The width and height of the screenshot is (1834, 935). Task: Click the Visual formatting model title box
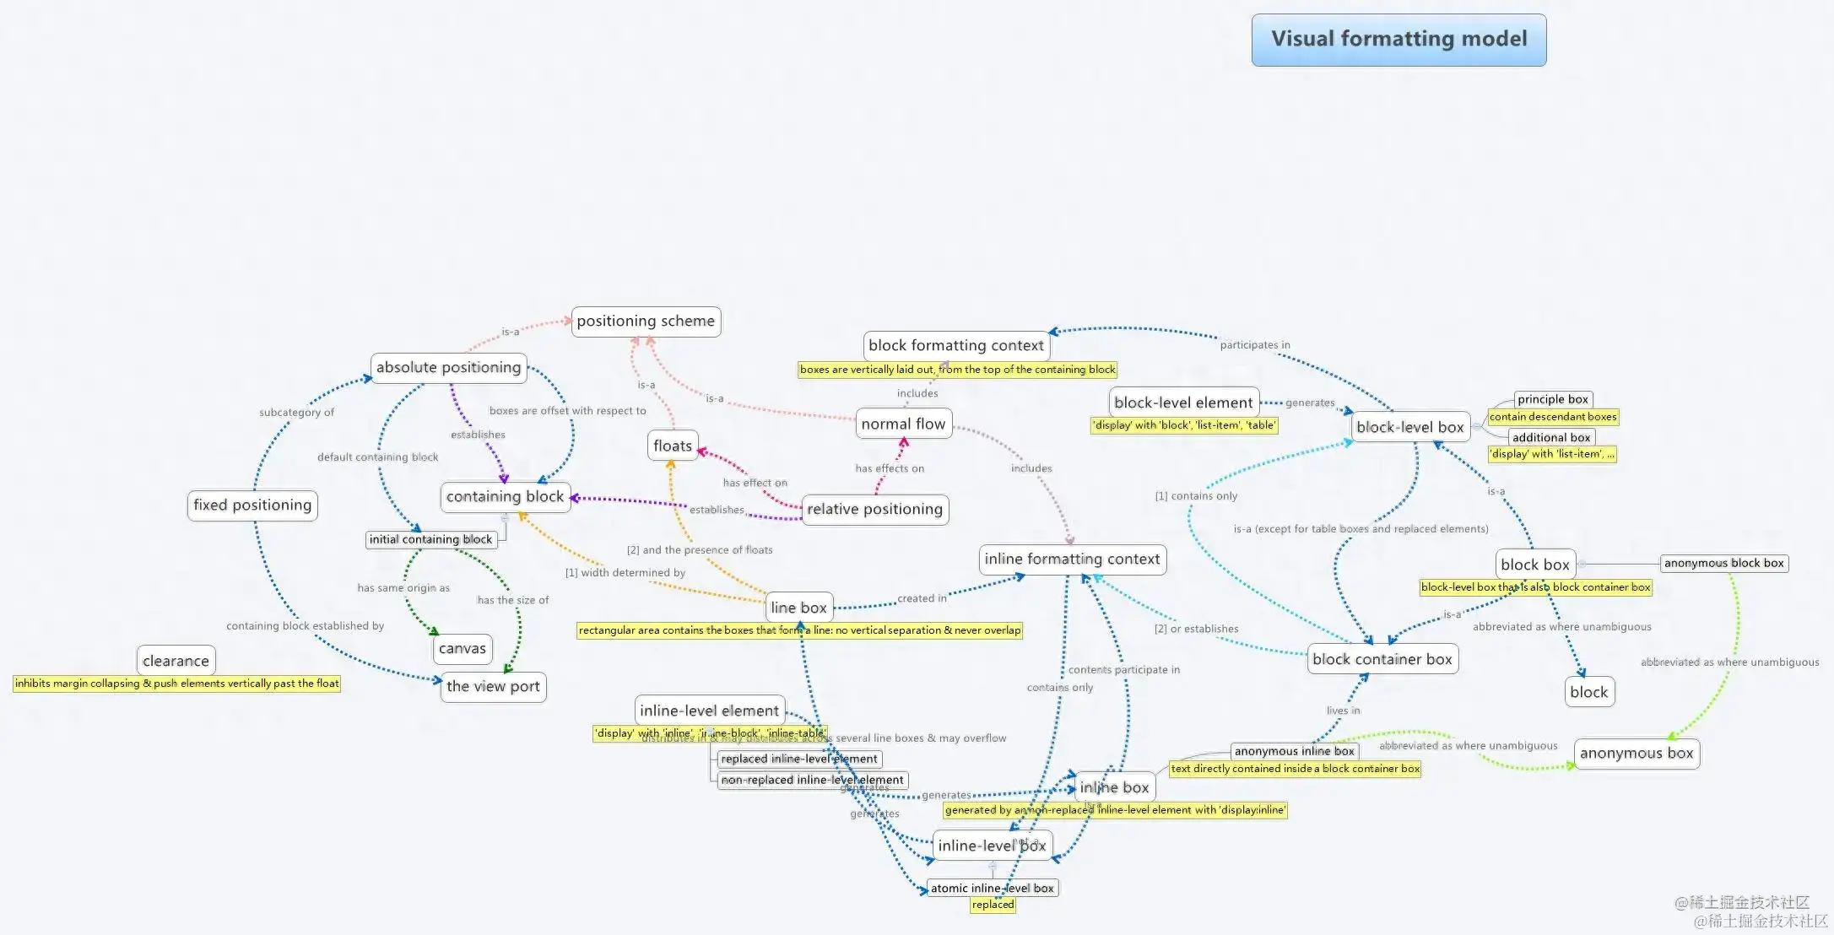click(x=1398, y=40)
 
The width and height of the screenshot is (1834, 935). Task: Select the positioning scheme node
click(x=646, y=322)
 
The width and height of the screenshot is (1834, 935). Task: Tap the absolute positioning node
click(x=448, y=368)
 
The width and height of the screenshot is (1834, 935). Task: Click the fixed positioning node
click(x=252, y=505)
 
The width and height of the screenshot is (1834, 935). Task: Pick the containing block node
click(x=505, y=497)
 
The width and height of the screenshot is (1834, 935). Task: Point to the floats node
click(x=673, y=446)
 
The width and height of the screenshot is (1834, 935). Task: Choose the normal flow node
click(x=903, y=424)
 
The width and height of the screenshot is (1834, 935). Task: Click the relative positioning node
click(x=874, y=509)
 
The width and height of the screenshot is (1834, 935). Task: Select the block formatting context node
click(x=956, y=345)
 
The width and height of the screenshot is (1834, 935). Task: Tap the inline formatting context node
click(x=1072, y=559)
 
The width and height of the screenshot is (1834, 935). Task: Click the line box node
click(x=798, y=608)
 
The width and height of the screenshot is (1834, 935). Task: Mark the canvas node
click(x=463, y=648)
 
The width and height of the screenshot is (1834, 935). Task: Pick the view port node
click(x=493, y=687)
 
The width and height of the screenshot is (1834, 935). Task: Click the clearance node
click(x=176, y=661)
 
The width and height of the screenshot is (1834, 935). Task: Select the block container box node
click(x=1382, y=659)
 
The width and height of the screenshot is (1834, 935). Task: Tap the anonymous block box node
click(x=1723, y=563)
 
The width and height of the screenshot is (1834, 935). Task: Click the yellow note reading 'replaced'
click(x=993, y=905)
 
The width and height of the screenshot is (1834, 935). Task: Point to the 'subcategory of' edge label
click(x=296, y=413)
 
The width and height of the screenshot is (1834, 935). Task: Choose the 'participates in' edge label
click(x=1254, y=345)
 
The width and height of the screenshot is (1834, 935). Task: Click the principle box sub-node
click(x=1552, y=399)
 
